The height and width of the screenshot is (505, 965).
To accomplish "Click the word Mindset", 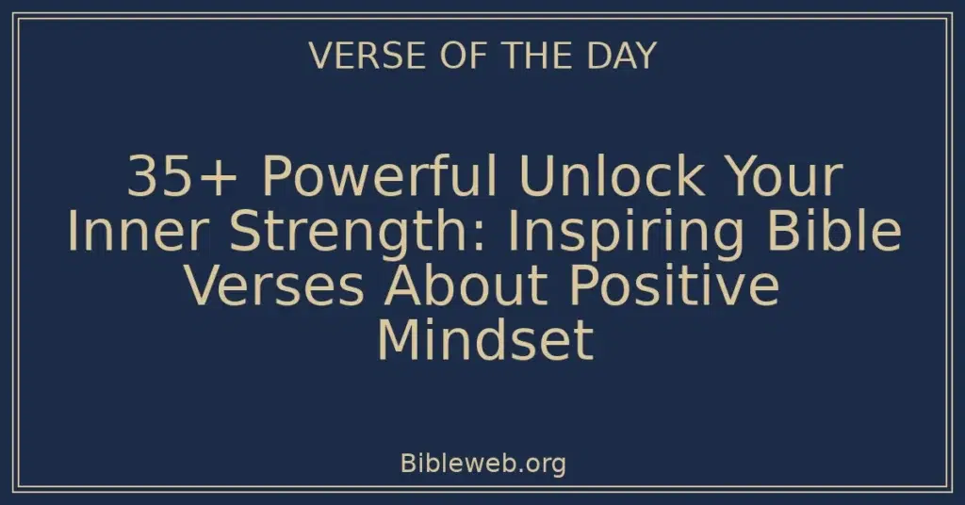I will (x=484, y=341).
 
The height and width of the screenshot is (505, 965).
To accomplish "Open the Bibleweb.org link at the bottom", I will (x=482, y=463).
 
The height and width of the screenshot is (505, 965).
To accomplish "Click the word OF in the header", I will (x=450, y=57).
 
